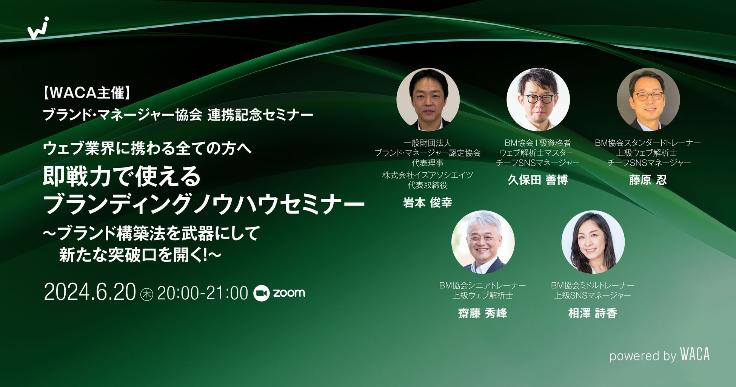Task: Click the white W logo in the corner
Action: click(38, 28)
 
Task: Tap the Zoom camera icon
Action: click(261, 293)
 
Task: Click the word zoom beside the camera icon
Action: click(289, 293)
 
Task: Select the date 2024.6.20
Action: click(90, 293)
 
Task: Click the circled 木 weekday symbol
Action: click(146, 294)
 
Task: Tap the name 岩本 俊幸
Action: click(427, 203)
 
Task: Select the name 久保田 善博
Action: click(538, 180)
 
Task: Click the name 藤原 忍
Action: click(648, 180)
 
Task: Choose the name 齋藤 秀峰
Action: click(482, 313)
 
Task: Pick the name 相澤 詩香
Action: click(593, 313)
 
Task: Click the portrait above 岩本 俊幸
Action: click(428, 99)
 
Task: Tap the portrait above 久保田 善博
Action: click(538, 99)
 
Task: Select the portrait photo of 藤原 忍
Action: click(648, 99)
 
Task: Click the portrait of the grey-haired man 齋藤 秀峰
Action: click(483, 242)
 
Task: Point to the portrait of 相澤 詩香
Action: click(593, 242)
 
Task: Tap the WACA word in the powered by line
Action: click(695, 354)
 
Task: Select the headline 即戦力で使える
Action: click(122, 177)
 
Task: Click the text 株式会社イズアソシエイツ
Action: click(428, 175)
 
